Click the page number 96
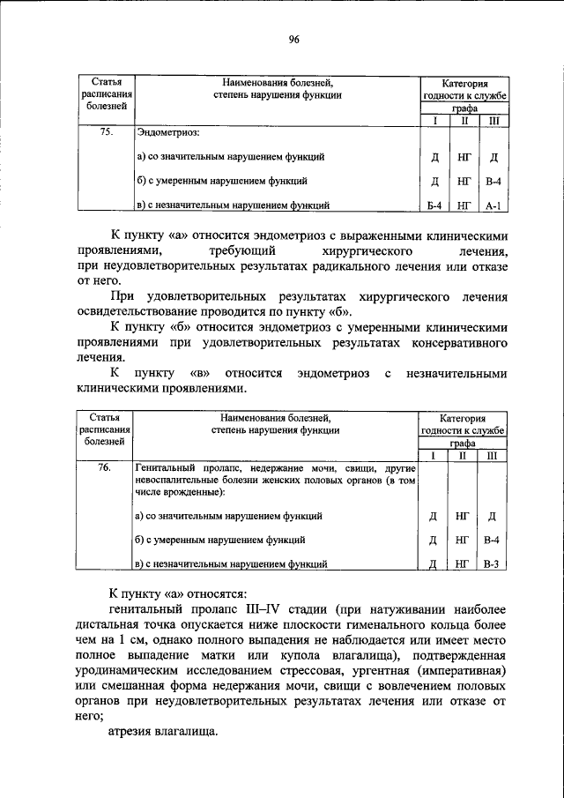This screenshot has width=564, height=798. [x=293, y=39]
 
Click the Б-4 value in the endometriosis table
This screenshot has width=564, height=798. [x=434, y=208]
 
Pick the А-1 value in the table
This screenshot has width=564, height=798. [x=493, y=208]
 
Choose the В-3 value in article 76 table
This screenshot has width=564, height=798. [x=493, y=563]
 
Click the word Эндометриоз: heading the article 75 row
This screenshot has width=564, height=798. [x=168, y=133]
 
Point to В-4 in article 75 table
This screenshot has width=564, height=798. [x=493, y=183]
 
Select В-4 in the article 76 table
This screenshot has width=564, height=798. [x=493, y=540]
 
